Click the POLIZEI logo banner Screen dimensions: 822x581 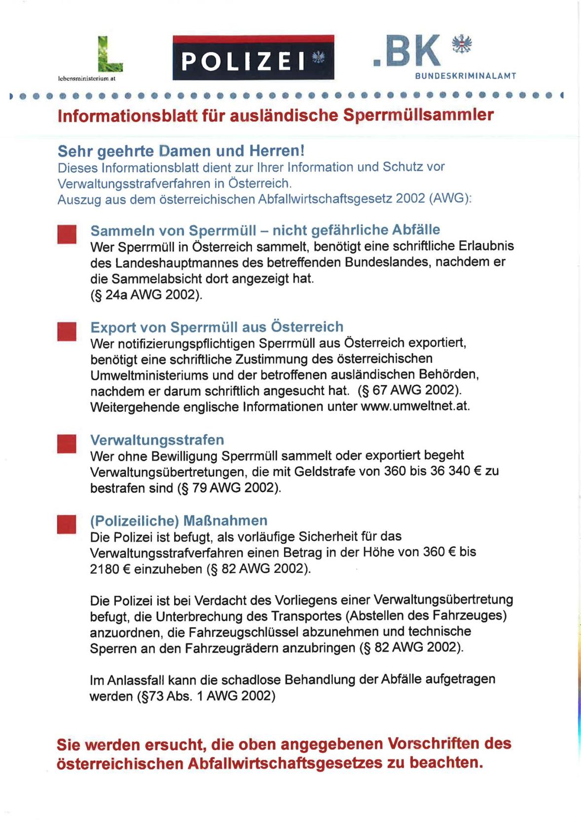pos(253,58)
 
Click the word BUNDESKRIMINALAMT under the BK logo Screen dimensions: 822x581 pos(465,76)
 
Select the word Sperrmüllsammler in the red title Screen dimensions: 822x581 pos(418,115)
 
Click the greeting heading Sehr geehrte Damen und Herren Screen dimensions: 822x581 pos(181,150)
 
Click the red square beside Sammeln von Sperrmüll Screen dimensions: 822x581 pos(67,234)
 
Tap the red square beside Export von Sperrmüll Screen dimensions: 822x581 pos(67,331)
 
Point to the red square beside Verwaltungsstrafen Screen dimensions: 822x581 pos(67,443)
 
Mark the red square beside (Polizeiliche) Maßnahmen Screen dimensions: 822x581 pos(67,524)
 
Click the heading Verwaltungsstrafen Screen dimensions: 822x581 pos(157,440)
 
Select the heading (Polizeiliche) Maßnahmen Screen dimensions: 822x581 pos(179,521)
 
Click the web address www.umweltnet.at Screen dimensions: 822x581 pos(415,407)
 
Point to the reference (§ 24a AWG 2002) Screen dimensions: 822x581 pos(146,295)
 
